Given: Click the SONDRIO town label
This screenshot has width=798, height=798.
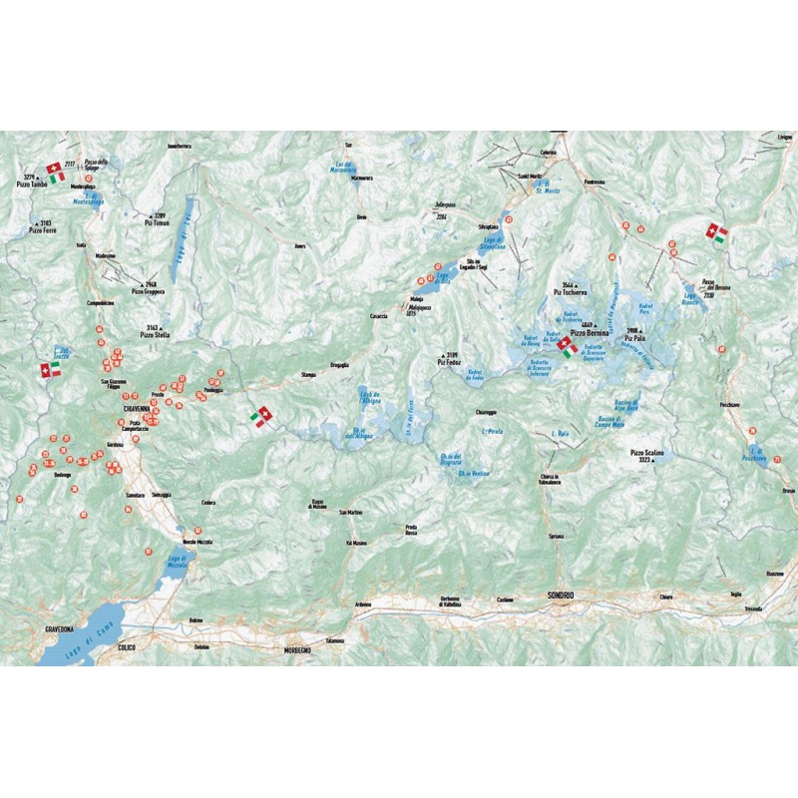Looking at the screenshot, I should coord(562,596).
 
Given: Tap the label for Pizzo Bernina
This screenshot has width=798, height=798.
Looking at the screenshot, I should coord(590,331).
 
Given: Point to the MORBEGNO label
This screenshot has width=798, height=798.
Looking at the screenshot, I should coord(296,650).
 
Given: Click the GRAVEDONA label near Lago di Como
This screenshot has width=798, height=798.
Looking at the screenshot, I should coord(62,630).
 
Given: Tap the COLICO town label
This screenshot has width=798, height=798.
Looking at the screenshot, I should coord(126,647).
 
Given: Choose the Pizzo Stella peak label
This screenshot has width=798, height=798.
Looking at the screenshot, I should coord(156,335).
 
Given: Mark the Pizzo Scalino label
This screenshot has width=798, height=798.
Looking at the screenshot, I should coord(646,454).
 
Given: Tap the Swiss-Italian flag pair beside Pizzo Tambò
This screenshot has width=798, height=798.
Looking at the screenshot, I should coord(56,173).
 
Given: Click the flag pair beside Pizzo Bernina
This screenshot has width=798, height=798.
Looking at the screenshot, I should coord(567,347).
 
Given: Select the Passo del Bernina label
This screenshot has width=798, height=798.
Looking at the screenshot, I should coord(709,289).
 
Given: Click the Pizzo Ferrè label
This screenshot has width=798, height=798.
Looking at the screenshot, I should coord(43,230).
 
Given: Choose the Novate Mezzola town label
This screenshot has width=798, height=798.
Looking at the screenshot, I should coord(193,541).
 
